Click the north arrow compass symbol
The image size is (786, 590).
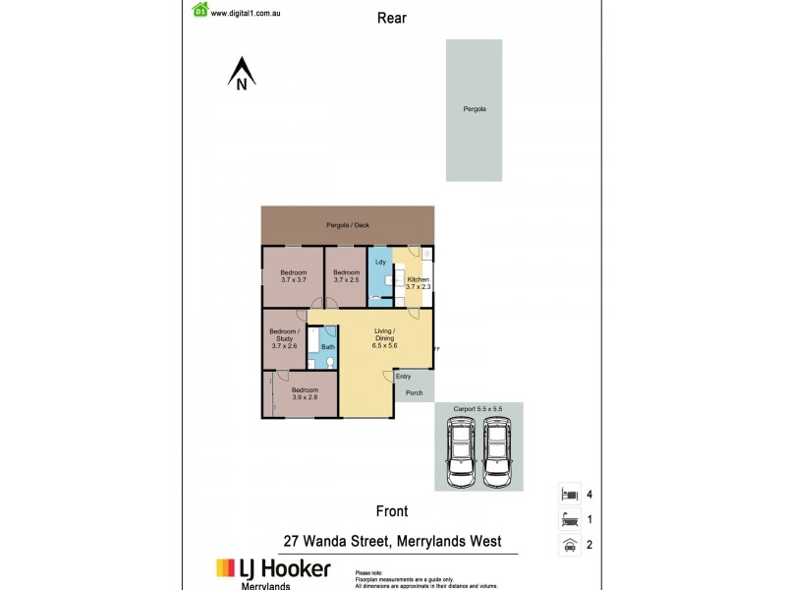[242, 74]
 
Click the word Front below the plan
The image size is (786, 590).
[392, 511]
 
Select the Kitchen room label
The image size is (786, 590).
[419, 283]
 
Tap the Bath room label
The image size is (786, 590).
[328, 347]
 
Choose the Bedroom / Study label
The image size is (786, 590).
[283, 338]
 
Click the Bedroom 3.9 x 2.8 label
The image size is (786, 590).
[305, 395]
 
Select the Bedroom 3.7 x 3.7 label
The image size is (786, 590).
[293, 276]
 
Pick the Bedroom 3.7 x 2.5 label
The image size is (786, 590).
[346, 276]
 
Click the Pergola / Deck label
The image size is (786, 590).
[348, 225]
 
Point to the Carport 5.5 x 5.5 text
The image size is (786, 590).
[477, 408]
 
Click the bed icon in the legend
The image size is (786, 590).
[567, 494]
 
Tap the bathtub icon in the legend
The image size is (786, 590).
[567, 519]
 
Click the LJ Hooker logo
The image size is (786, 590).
[273, 569]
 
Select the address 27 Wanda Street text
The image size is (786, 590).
[392, 542]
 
